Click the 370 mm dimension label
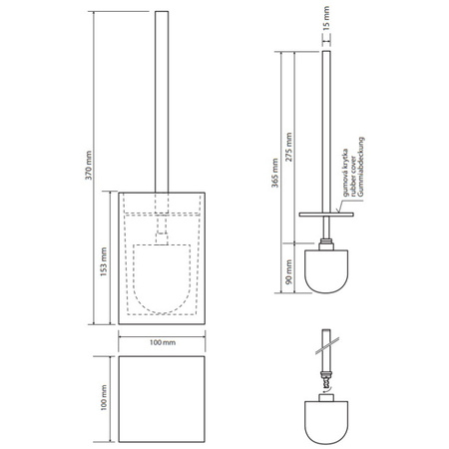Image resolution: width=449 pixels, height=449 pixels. point(88,166)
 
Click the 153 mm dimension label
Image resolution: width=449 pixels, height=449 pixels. point(104,261)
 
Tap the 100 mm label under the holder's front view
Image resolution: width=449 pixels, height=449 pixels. point(162,342)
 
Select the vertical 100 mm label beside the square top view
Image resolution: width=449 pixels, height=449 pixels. point(104,398)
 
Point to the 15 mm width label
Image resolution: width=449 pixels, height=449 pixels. point(326,18)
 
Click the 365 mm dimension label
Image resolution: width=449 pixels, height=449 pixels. point(274,173)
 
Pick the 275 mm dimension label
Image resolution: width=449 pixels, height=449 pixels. point(288,148)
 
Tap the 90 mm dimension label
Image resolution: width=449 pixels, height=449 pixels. point(288,271)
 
